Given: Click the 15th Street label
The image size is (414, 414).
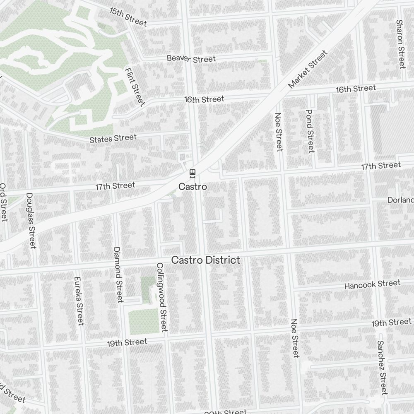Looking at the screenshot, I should (128, 17).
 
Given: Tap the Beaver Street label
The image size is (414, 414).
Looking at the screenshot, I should (191, 59).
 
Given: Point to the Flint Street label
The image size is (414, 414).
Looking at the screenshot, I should (135, 86).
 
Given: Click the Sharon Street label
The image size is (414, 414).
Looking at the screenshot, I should (400, 44).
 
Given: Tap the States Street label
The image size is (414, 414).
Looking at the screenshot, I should (113, 138).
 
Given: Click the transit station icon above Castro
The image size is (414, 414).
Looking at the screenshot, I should (192, 173).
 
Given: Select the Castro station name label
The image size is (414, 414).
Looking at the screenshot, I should (193, 187).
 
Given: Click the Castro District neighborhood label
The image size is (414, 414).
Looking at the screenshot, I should (206, 260).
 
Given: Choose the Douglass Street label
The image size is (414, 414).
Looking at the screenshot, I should (31, 221).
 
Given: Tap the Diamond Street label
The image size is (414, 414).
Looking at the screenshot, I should (118, 274).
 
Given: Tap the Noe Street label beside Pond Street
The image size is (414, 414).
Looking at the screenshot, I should (279, 132).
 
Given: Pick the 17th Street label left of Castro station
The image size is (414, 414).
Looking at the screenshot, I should (115, 186).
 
